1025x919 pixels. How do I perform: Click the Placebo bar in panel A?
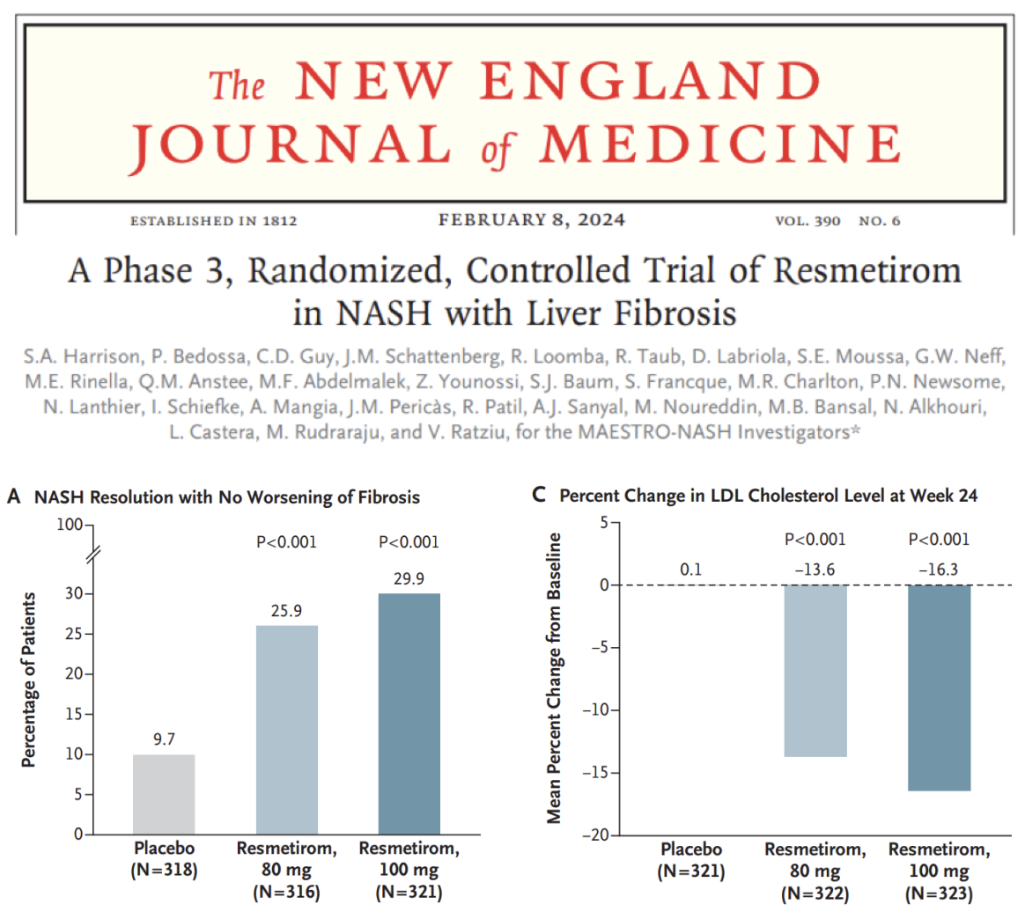164,794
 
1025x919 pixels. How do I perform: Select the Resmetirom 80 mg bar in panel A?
287,730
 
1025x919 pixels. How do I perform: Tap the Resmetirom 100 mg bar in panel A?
409,714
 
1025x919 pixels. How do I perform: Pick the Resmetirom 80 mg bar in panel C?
815,671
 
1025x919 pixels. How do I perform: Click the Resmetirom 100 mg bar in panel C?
939,687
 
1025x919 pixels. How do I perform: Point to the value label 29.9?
409,577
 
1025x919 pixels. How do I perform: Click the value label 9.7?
164,739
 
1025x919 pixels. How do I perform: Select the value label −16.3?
938,570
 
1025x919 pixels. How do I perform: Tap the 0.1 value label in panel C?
691,570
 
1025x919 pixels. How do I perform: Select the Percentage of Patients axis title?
29,680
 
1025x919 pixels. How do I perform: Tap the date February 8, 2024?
532,220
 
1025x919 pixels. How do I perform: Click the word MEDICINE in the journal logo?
720,144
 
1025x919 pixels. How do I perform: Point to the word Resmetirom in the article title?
867,270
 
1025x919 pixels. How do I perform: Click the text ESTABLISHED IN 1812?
213,221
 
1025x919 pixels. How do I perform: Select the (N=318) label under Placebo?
164,871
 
